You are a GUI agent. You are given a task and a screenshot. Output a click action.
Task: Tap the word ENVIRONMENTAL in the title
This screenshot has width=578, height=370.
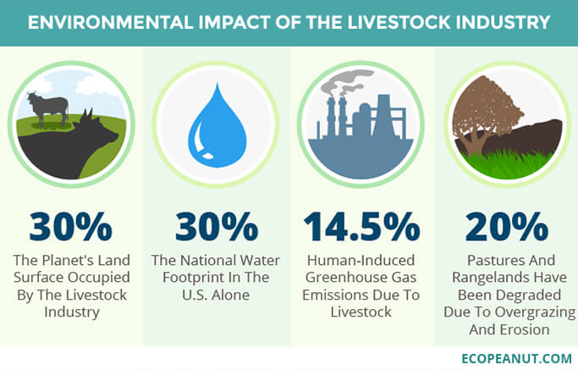coord(110,22)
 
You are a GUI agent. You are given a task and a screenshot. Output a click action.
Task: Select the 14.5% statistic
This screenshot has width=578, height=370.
coord(361,227)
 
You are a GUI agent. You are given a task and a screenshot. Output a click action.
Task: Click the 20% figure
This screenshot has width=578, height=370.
coord(506,227)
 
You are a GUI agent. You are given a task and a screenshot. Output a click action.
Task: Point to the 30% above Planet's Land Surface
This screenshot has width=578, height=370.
coord(71,227)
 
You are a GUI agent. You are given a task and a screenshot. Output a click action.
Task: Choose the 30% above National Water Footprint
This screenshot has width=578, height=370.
coord(217,227)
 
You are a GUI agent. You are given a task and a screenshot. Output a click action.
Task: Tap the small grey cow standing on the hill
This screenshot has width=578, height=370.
coord(48,108)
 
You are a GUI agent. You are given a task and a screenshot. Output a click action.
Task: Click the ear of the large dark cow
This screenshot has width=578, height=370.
coord(89,115)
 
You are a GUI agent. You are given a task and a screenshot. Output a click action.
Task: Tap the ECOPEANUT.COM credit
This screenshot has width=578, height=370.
coord(516,358)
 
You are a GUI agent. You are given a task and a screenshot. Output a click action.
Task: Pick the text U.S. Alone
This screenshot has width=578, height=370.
coord(216,295)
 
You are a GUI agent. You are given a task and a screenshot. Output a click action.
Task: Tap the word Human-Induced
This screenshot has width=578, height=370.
coord(361,260)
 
